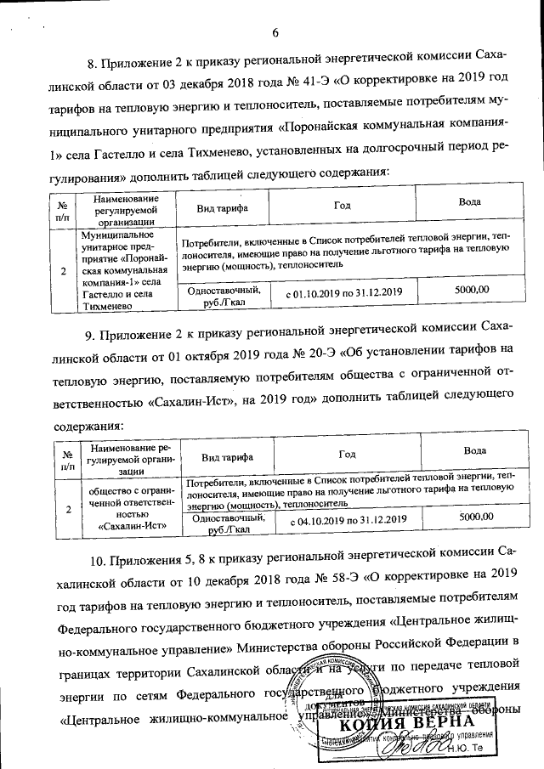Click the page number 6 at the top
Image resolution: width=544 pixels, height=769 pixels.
coord(275,33)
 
